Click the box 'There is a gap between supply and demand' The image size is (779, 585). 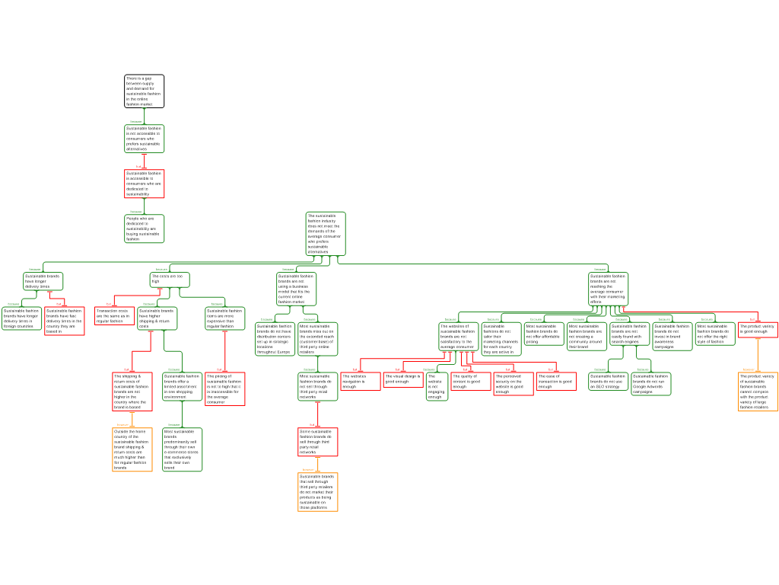(x=144, y=91)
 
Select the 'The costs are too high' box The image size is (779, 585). (x=169, y=280)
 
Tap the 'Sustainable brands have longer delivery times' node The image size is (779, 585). (x=43, y=282)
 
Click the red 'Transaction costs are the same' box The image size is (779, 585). (x=114, y=316)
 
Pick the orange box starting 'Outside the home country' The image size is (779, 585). (x=132, y=449)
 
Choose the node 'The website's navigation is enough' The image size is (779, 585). (x=360, y=381)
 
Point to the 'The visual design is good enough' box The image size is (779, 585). (x=402, y=379)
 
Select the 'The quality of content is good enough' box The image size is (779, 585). (x=470, y=381)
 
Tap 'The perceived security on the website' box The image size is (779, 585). (x=513, y=384)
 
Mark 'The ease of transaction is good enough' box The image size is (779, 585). (x=555, y=381)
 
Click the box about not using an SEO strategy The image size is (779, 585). (x=608, y=381)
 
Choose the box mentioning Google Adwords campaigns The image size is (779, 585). (x=650, y=384)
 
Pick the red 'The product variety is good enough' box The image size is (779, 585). (x=758, y=329)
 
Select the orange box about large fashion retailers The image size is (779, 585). (x=758, y=392)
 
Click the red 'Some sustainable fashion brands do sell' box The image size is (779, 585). (x=317, y=442)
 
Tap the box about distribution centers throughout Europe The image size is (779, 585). (x=274, y=339)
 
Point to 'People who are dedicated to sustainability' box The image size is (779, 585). (x=144, y=229)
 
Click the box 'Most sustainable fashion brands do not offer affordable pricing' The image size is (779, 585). (x=544, y=334)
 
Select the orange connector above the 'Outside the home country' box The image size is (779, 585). (x=132, y=419)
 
